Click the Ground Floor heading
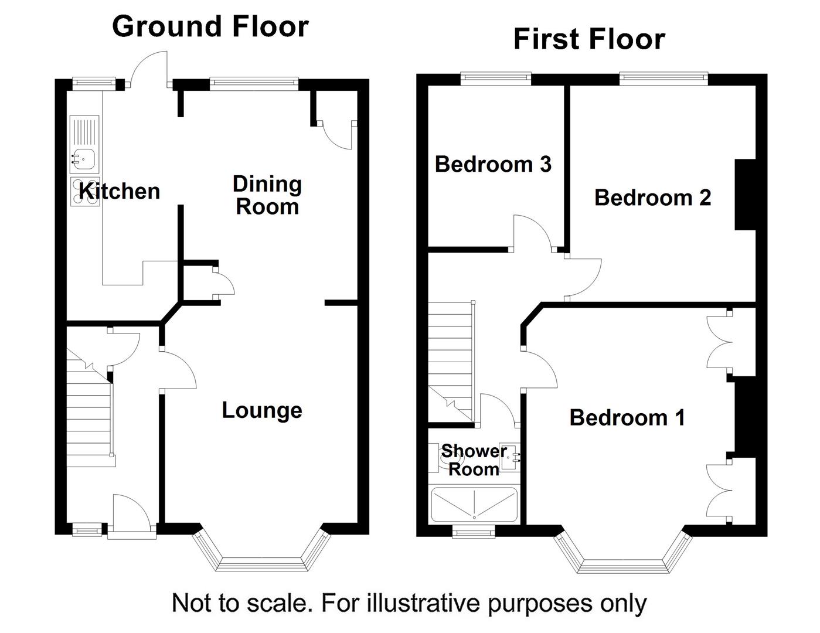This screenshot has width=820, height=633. click(210, 26)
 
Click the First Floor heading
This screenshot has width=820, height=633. click(588, 39)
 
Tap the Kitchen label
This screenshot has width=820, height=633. click(120, 191)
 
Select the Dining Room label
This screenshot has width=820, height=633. click(267, 195)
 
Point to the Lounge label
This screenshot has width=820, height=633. click(262, 410)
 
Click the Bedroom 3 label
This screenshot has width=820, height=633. click(493, 164)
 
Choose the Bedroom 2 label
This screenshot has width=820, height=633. click(652, 198)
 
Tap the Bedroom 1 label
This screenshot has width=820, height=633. click(627, 417)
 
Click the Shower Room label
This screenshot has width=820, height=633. click(474, 460)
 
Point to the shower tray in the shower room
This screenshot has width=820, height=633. click(474, 505)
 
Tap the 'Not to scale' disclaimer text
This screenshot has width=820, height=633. click(409, 602)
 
